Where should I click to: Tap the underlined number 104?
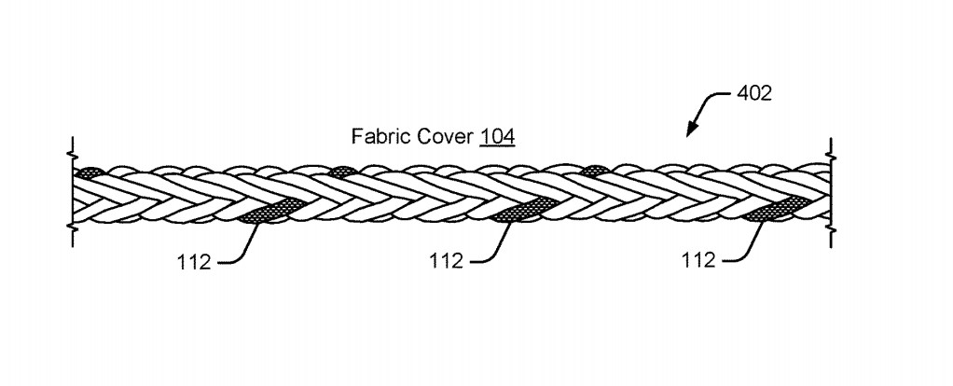(x=497, y=136)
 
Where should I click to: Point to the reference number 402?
(x=754, y=93)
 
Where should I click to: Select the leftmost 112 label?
(x=194, y=262)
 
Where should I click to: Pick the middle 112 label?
(x=446, y=261)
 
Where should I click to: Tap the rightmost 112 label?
(x=698, y=260)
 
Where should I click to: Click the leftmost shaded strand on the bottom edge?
(x=268, y=210)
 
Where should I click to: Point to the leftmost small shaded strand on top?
(x=89, y=172)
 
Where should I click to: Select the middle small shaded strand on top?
(x=341, y=172)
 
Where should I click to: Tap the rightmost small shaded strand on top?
(x=593, y=171)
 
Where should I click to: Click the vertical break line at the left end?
(x=73, y=192)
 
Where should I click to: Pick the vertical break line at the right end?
(x=830, y=192)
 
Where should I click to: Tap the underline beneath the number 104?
(x=497, y=145)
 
